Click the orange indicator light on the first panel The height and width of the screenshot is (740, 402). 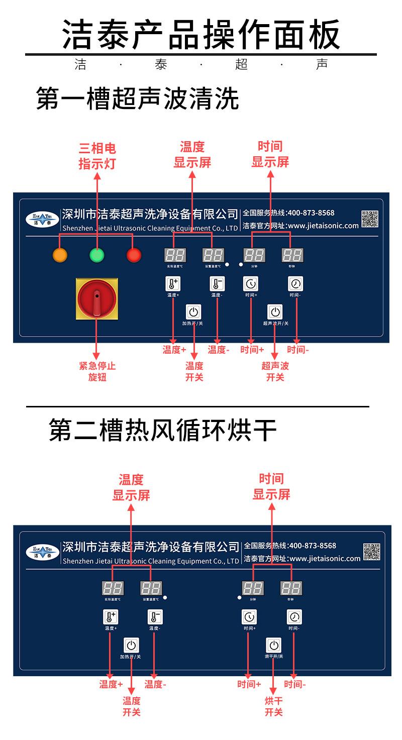pyautogui.click(x=60, y=255)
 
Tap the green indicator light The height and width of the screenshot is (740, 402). pyautogui.click(x=96, y=255)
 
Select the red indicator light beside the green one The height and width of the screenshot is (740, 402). pyautogui.click(x=134, y=255)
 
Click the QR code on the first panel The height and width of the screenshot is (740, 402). pyautogui.click(x=370, y=219)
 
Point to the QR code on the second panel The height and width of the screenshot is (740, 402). pyautogui.click(x=372, y=552)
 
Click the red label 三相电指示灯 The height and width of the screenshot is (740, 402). pyautogui.click(x=97, y=156)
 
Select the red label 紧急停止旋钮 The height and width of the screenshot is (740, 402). pyautogui.click(x=97, y=372)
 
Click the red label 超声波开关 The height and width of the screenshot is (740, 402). pyautogui.click(x=275, y=372)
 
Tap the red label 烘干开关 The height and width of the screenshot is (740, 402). pyautogui.click(x=274, y=706)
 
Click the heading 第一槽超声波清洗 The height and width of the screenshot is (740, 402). pyautogui.click(x=137, y=99)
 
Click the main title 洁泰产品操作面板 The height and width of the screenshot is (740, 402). pyautogui.click(x=201, y=34)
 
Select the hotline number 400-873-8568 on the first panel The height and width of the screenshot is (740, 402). pyautogui.click(x=311, y=213)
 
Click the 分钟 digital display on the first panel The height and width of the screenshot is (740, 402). pyautogui.click(x=254, y=255)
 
